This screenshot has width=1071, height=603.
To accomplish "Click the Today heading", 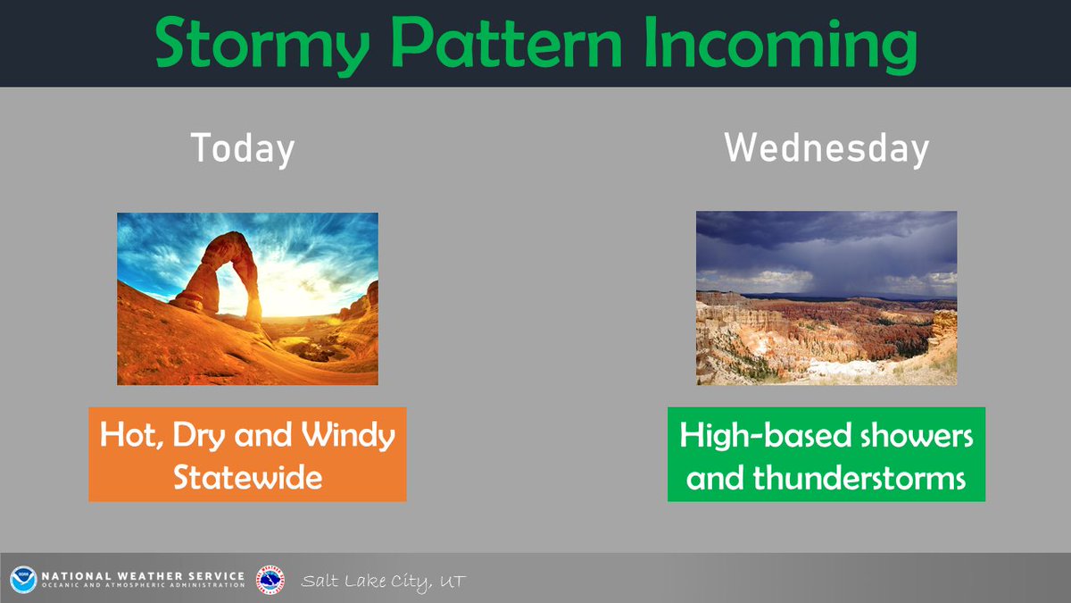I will pos(243,148).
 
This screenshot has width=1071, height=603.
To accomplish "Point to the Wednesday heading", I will pos(826,148).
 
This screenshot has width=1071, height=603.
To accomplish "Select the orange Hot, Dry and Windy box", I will pos(247,454).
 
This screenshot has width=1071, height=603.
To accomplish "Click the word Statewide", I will pos(247,478).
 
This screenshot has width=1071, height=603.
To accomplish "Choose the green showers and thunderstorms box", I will pos(826,454).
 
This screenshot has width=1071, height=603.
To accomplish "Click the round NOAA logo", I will pos(23,579).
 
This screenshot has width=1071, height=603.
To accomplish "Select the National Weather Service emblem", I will pos(270,579).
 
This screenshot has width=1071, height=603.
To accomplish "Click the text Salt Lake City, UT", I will pos(383,582).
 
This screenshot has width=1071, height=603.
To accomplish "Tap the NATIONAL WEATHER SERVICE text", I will pos(143,575).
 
